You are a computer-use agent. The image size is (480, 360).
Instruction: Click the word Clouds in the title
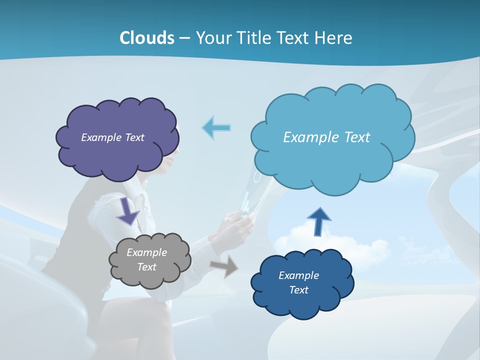point(146,38)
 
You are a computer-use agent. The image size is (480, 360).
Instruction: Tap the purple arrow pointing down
point(128,212)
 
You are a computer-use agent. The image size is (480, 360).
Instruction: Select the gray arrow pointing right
point(224,266)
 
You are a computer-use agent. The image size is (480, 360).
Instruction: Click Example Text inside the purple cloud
point(112,137)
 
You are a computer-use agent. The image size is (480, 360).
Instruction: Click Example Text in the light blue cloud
point(326,137)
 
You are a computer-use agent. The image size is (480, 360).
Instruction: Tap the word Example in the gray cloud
point(146,252)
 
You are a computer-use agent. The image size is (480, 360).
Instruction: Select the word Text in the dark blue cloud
point(298,290)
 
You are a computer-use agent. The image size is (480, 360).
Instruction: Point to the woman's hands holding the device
point(237,220)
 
